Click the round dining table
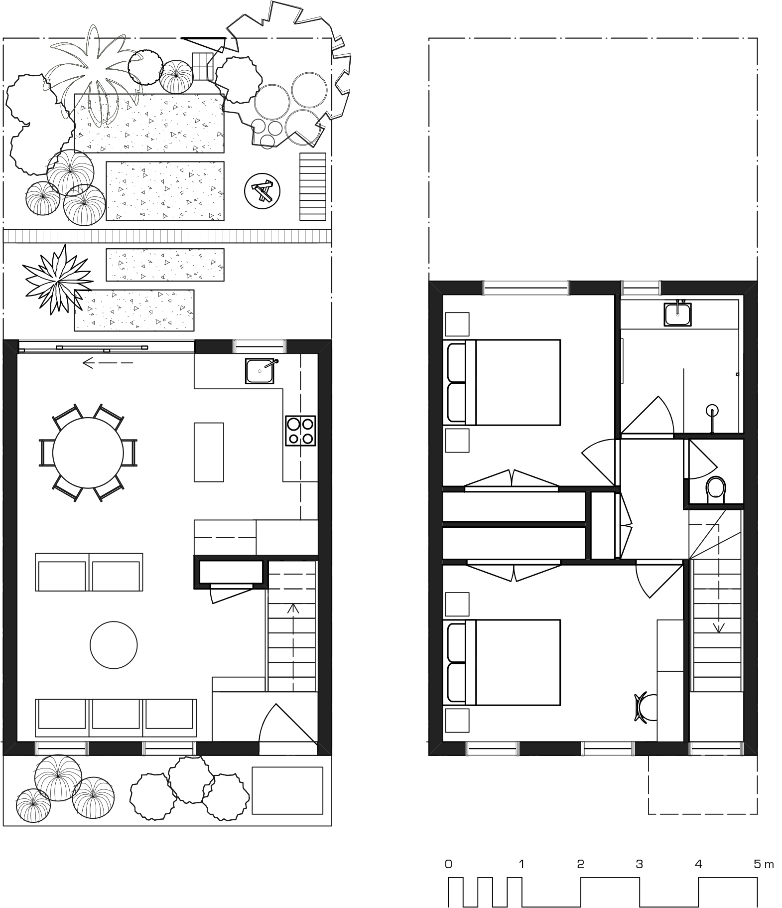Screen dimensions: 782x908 pyautogui.click(x=88, y=453)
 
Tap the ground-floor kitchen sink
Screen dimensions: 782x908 pyautogui.click(x=260, y=371)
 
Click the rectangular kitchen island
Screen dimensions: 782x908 pyautogui.click(x=209, y=452)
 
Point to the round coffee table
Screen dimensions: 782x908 pyautogui.click(x=114, y=645)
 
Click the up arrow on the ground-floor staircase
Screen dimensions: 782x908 pyautogui.click(x=293, y=609)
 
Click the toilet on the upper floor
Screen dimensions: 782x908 pyautogui.click(x=716, y=488)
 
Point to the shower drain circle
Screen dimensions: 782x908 pyautogui.click(x=713, y=411)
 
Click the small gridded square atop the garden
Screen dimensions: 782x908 pyautogui.click(x=203, y=66)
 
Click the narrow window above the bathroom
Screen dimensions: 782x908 pyautogui.click(x=641, y=288)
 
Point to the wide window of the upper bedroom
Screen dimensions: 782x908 pyautogui.click(x=526, y=288)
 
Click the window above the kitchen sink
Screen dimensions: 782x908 pyautogui.click(x=260, y=346)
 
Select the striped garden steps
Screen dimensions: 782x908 pyautogui.click(x=313, y=186)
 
